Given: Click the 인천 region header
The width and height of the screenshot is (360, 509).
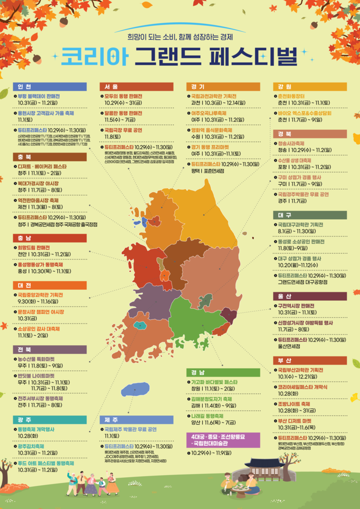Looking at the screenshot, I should click(x=49, y=86).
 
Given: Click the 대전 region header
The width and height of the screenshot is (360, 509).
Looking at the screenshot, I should click(x=49, y=285).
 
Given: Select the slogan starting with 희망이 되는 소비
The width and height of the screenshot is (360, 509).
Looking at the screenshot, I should click(x=180, y=37).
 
